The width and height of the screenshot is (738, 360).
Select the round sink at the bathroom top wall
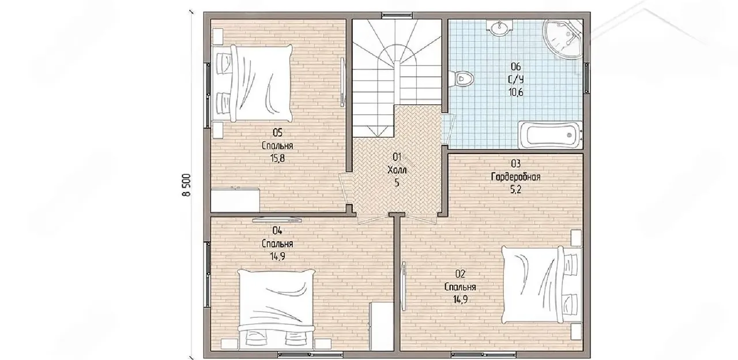(500, 27)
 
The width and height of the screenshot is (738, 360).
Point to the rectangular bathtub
(550, 135)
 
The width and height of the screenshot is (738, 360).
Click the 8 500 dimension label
(186, 185)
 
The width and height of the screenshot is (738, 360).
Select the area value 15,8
(277, 159)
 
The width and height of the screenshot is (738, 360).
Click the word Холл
(397, 170)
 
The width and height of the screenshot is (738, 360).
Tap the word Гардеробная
(515, 177)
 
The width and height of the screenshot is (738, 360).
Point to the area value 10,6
(515, 92)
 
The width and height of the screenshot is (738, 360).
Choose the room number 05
(277, 133)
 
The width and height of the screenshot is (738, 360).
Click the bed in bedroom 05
(253, 84)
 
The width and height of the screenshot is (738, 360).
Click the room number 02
(460, 273)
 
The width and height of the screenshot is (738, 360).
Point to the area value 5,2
(515, 190)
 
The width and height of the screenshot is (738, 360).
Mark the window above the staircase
(397, 15)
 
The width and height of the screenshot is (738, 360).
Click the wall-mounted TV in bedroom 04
(277, 220)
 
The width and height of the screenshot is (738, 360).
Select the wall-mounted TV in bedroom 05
(342, 82)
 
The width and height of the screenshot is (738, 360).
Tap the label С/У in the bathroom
(515, 80)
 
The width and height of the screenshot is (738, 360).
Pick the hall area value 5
(397, 183)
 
